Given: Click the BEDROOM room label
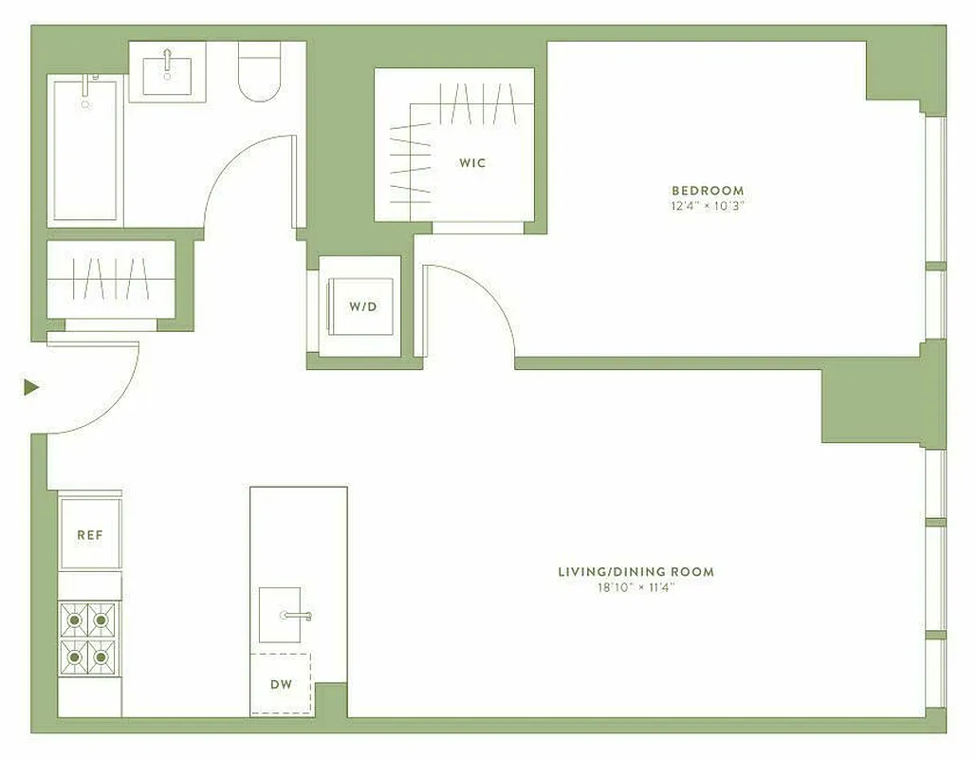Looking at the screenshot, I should point(708,191).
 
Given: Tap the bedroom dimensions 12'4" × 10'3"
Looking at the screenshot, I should point(708,206).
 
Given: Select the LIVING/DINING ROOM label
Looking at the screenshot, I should point(635,572).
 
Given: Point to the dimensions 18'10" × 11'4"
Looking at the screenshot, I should point(635,588).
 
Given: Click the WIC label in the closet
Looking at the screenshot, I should point(472,163).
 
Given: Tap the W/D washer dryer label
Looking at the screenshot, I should point(361,306).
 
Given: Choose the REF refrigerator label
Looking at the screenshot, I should point(90,535).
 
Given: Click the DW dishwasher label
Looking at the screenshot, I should point(280,685).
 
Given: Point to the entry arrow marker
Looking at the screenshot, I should point(31,387).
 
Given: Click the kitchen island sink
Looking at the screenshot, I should point(280,615).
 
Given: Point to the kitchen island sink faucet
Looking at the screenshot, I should point(296,616).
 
